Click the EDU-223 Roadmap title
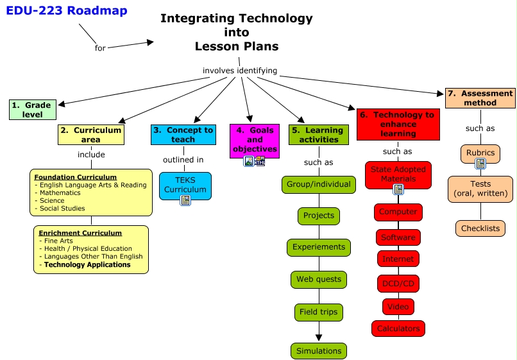(67, 11)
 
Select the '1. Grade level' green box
(33, 110)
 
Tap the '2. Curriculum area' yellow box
(91, 135)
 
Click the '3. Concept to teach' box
(183, 135)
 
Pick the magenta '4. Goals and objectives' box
(255, 140)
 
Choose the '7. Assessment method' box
(480, 98)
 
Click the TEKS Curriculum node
(185, 185)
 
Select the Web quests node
(318, 280)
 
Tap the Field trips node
(318, 313)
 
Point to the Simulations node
(318, 351)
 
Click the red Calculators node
(398, 329)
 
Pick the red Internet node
(398, 259)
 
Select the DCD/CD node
(398, 283)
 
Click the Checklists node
(480, 228)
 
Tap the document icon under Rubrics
(480, 164)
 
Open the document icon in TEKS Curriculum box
(185, 200)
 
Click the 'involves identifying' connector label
(240, 71)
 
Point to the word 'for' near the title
(100, 48)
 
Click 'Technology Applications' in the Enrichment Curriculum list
(87, 264)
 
